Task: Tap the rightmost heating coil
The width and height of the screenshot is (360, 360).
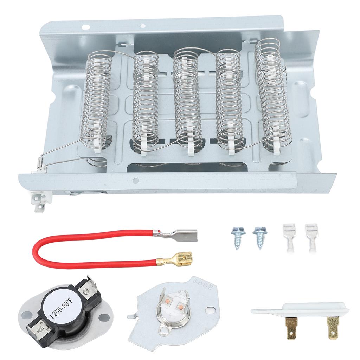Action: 272,95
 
